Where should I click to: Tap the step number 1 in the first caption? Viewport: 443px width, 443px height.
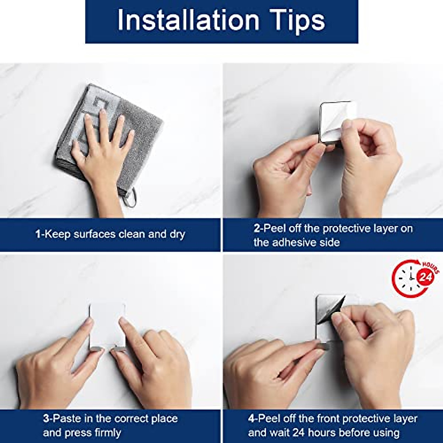[x=38, y=234]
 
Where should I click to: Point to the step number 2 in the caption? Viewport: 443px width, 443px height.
[x=257, y=229]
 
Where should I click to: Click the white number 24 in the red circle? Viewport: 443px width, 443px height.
[x=425, y=278]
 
